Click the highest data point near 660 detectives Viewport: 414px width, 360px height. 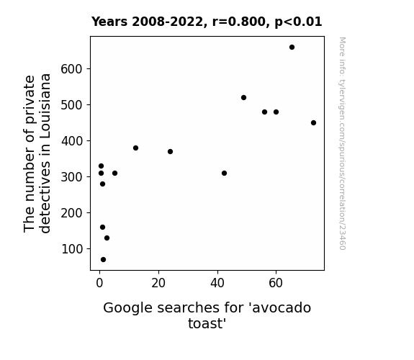[x=292, y=48]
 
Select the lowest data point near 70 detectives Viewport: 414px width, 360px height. [x=103, y=260]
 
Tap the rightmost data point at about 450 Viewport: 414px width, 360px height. [x=313, y=123]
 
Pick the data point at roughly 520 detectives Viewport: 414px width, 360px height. [x=243, y=98]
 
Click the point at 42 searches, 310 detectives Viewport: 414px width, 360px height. [x=224, y=174]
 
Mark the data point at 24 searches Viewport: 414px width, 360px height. [x=171, y=152]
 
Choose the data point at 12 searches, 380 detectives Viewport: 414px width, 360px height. [x=135, y=148]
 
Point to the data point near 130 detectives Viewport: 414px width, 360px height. [x=107, y=238]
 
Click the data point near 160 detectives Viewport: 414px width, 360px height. [x=103, y=227]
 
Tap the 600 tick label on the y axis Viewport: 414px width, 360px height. [x=71, y=69]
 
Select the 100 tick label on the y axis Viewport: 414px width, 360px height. [x=71, y=249]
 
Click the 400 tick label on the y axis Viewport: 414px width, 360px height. [x=71, y=141]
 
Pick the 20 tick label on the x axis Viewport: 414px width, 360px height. [x=158, y=283]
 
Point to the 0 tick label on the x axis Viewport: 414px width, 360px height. [x=99, y=283]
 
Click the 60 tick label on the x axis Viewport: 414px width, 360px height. [x=276, y=283]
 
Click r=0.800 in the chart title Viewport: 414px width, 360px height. [x=239, y=22]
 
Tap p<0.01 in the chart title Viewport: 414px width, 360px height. [x=298, y=22]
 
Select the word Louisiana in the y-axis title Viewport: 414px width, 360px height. [x=45, y=106]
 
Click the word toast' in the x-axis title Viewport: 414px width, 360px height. [x=207, y=323]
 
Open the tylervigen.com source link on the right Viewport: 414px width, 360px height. [x=342, y=143]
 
